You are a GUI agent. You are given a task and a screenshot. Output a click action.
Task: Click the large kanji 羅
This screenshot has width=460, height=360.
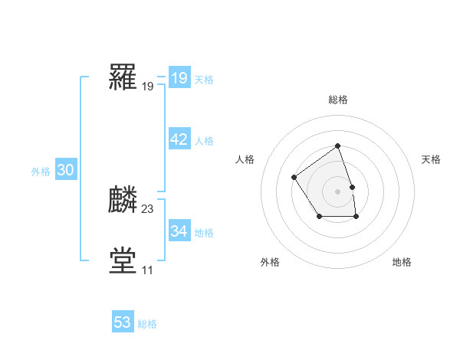pos(123,77)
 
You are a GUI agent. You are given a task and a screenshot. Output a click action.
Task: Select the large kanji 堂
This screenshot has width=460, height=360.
pos(123,260)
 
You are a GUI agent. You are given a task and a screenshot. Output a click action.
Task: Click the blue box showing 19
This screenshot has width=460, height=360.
pos(179,78)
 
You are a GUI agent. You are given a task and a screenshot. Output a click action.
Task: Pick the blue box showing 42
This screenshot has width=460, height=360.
pos(179,139)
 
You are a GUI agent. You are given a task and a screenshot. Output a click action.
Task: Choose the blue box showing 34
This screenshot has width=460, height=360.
pos(179,231)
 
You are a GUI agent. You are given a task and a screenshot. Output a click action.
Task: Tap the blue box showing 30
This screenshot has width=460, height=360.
pos(65,171)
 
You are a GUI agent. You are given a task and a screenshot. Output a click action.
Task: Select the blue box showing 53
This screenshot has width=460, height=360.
pos(123,322)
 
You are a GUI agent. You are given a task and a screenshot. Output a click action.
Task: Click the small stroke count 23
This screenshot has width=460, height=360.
pos(148,208)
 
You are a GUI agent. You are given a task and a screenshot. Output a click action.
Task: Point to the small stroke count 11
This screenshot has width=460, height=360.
pos(147,270)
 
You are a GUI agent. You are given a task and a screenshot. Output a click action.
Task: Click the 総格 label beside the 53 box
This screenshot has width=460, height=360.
pos(147,324)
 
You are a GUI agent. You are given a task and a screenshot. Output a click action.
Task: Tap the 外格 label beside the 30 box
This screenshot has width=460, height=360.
pos(41,172)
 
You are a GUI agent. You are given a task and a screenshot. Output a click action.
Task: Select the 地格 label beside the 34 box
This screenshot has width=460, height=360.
pos(204,233)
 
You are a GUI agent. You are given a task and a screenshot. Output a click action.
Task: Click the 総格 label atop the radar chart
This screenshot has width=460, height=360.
pos(337,100)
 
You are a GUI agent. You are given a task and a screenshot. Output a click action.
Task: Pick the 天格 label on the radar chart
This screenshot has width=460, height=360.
pos(432,159)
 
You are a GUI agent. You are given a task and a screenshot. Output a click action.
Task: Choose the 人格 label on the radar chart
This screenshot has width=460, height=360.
pos(245,159)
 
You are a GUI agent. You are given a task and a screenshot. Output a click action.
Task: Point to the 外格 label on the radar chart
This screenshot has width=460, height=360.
pos(270,262)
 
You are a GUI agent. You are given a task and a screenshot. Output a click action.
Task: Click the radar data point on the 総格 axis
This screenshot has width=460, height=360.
pos(337,146)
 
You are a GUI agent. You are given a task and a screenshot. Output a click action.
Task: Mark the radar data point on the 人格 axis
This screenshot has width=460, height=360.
pos(294,178)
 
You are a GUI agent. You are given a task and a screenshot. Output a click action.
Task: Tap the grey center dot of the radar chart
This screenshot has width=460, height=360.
pos(337,191)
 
